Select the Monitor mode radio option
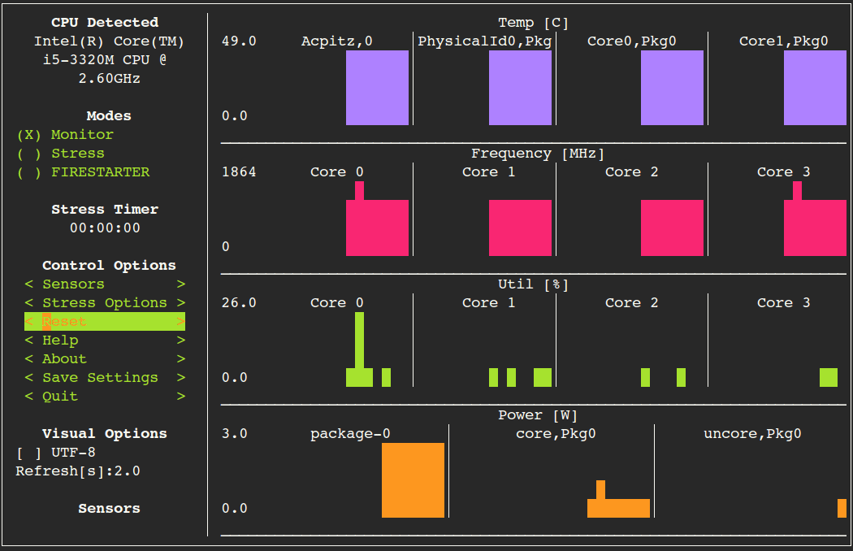[x=65, y=135]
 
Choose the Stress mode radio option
[x=61, y=154]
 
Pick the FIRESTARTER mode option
[x=83, y=172]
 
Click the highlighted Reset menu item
[x=105, y=322]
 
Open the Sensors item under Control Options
[x=105, y=284]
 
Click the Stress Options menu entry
[x=105, y=303]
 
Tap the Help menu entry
[x=105, y=341]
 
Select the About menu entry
[x=105, y=359]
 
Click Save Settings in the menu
[x=105, y=378]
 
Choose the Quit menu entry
[x=105, y=397]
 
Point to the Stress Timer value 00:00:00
[x=105, y=228]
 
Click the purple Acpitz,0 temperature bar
[x=377, y=88]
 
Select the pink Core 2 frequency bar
[x=672, y=228]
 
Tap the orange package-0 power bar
[x=413, y=479]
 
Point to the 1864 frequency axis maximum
[x=239, y=172]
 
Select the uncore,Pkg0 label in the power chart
[x=752, y=434]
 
